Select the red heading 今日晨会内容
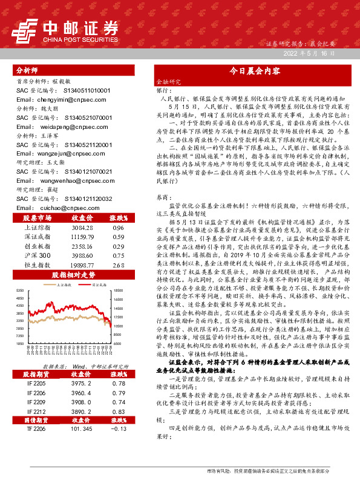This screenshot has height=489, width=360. pyautogui.click(x=254, y=71)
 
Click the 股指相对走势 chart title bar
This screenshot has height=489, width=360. pyautogui.click(x=72, y=275)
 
